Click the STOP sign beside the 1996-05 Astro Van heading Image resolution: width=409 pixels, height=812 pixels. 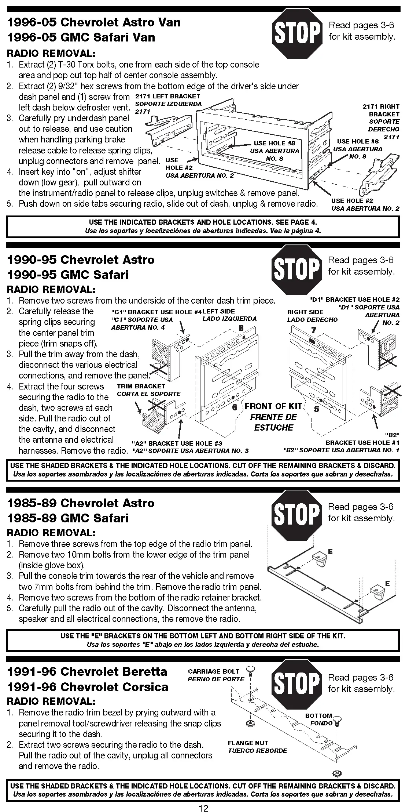pyautogui.click(x=296, y=33)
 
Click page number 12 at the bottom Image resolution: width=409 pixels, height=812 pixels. pyautogui.click(x=203, y=808)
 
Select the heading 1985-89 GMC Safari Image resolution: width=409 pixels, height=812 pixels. pyautogui.click(x=68, y=518)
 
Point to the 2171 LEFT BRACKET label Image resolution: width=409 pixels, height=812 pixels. pyautogui.click(x=168, y=96)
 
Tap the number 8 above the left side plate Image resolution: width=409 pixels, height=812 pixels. pyautogui.click(x=241, y=327)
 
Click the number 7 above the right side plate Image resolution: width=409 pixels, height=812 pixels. pyautogui.click(x=313, y=330)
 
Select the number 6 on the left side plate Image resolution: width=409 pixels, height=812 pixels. pyautogui.click(x=235, y=407)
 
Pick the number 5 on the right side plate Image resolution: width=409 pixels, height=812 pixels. pyautogui.click(x=316, y=409)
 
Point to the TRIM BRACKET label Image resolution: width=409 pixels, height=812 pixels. pyautogui.click(x=141, y=386)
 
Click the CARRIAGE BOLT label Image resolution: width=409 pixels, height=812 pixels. pyautogui.click(x=213, y=671)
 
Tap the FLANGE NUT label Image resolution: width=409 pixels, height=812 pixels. pyautogui.click(x=248, y=743)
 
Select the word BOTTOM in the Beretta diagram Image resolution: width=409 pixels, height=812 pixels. pyautogui.click(x=318, y=716)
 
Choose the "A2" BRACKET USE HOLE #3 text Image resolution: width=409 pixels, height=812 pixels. pyautogui.click(x=177, y=443)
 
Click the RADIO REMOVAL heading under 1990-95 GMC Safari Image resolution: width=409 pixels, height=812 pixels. pyautogui.click(x=51, y=289)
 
